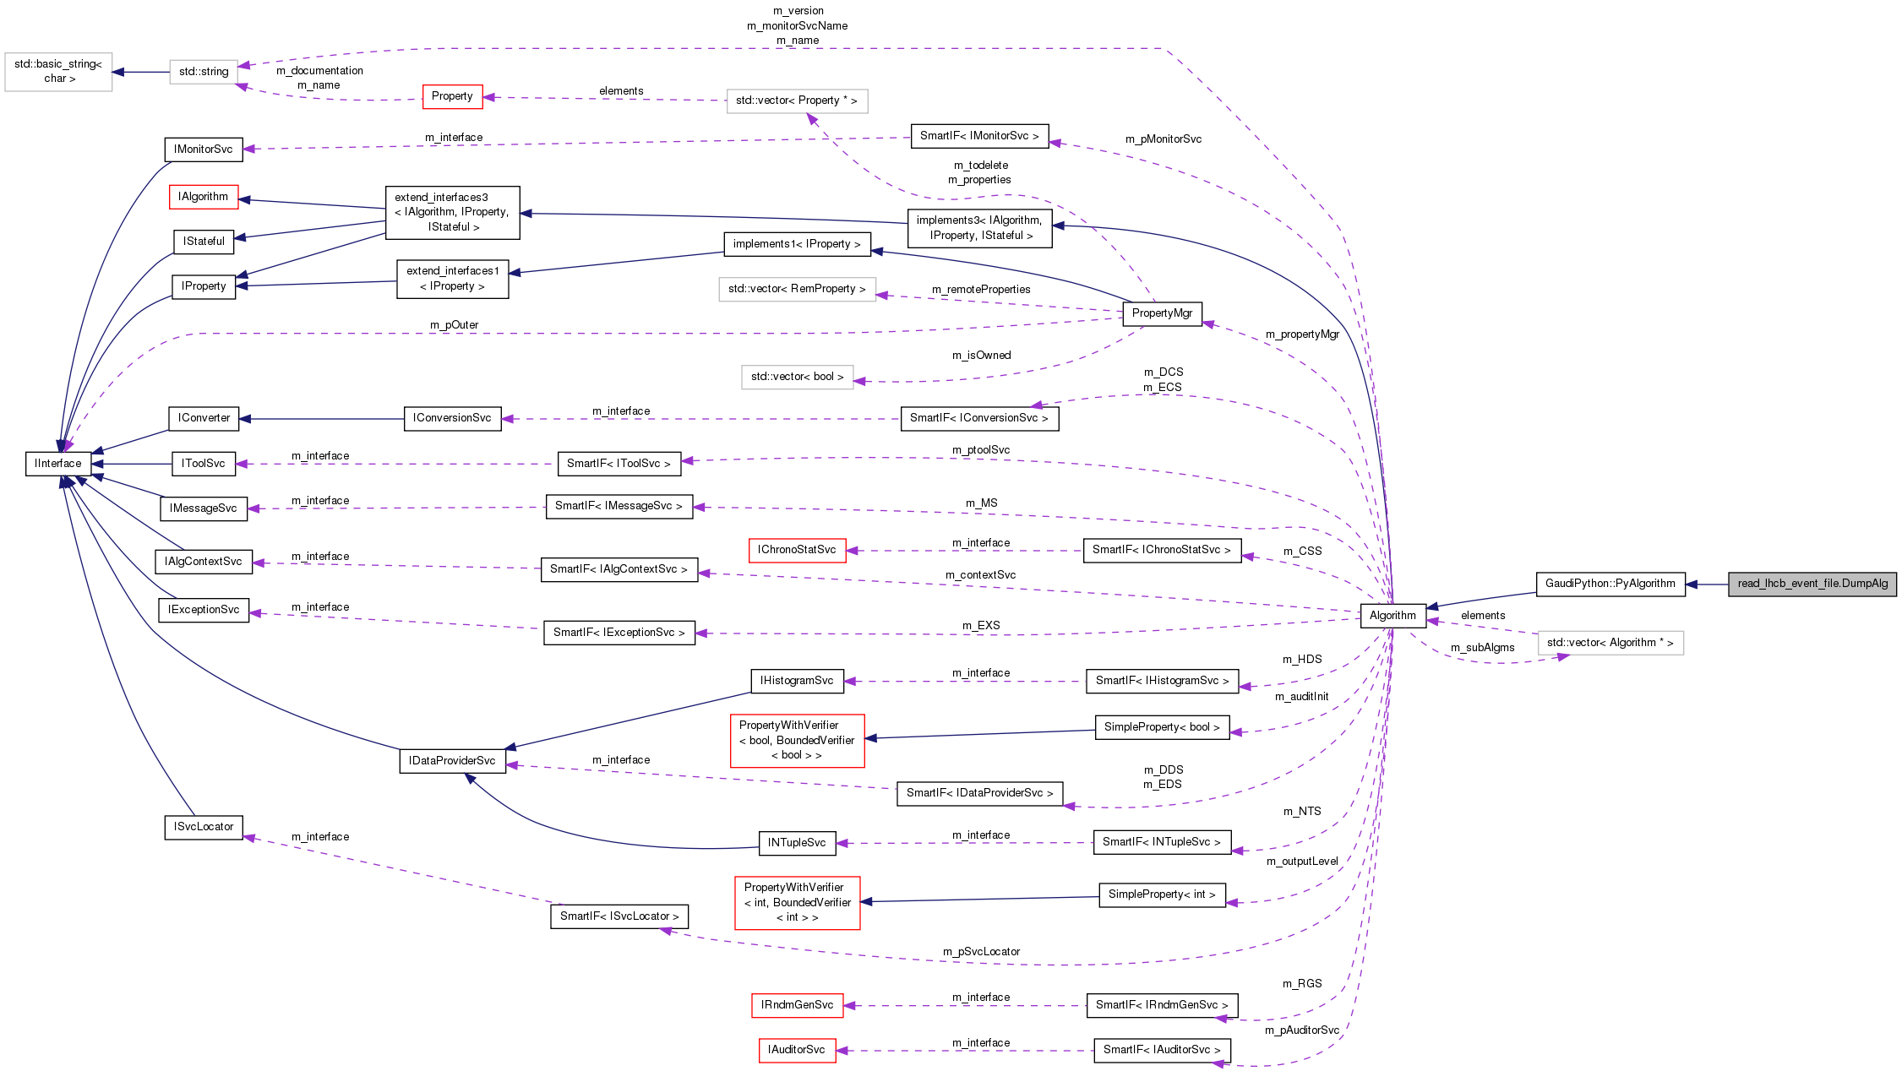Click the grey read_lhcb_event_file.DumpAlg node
1812,584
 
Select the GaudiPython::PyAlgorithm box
1610,584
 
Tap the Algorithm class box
1392,615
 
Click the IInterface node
58,464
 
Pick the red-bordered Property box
452,96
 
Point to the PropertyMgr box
1162,313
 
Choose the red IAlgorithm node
203,197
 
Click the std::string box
204,72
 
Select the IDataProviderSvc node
452,761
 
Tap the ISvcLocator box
204,827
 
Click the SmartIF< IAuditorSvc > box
1162,1050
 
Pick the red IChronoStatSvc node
797,550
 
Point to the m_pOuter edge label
454,325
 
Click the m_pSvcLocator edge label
981,952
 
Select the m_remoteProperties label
981,290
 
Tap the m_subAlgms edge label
1482,648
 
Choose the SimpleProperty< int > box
1162,894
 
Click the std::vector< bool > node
797,377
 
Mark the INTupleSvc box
797,843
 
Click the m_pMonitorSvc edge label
1163,139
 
